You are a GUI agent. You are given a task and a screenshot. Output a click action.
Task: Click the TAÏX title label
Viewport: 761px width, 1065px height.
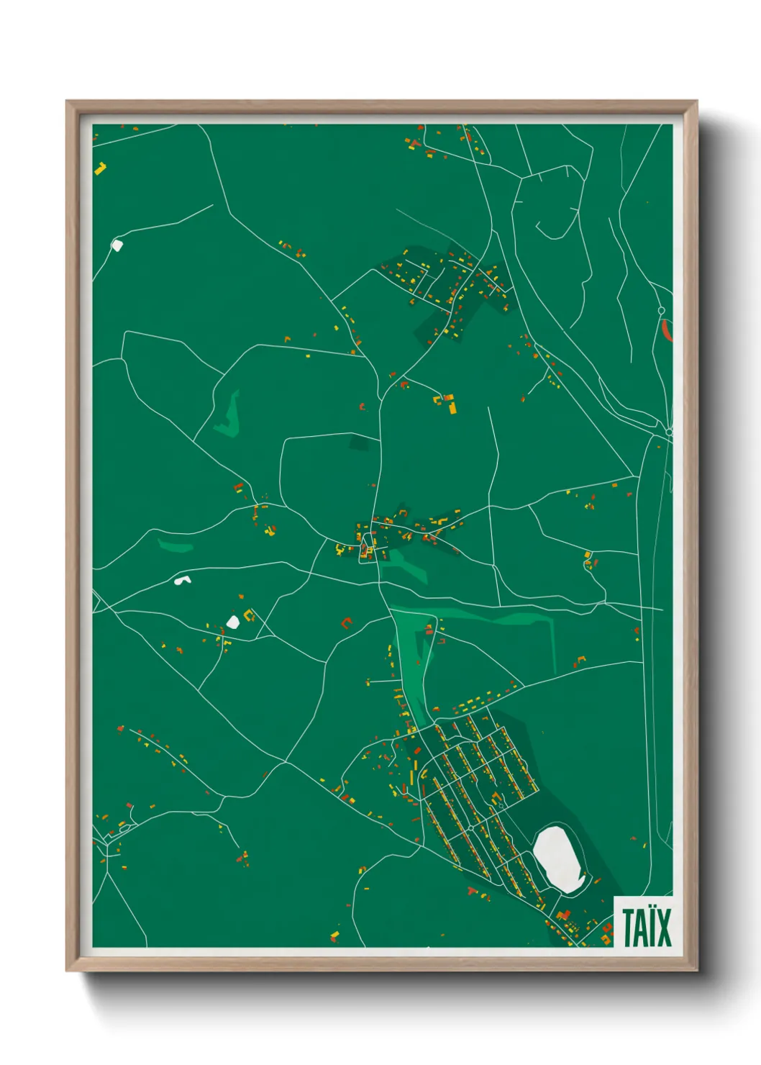pyautogui.click(x=647, y=928)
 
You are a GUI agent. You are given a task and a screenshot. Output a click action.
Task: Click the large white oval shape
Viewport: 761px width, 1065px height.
pyautogui.click(x=559, y=859)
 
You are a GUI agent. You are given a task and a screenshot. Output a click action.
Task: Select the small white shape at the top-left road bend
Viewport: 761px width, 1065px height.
pyautogui.click(x=117, y=245)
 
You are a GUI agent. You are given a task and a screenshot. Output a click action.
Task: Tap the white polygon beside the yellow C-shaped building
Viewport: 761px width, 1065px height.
pyautogui.click(x=232, y=621)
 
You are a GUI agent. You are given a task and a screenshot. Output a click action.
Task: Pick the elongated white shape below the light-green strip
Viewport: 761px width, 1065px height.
pyautogui.click(x=183, y=579)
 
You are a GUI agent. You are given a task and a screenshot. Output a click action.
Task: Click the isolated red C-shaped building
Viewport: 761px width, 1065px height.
pyautogui.click(x=347, y=622)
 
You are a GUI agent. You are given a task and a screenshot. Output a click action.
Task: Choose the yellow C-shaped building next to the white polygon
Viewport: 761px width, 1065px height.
pyautogui.click(x=250, y=615)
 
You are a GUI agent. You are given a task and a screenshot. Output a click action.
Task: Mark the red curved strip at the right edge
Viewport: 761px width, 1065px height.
pyautogui.click(x=666, y=330)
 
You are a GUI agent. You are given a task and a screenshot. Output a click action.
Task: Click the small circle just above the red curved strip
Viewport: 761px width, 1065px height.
pyautogui.click(x=661, y=311)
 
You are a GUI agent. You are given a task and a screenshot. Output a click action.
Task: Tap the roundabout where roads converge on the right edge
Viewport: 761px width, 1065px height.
pyautogui.click(x=669, y=432)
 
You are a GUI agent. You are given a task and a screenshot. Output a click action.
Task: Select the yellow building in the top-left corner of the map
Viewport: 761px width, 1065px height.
pyautogui.click(x=101, y=168)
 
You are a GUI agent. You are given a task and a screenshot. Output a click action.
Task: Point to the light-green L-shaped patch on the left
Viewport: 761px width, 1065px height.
pyautogui.click(x=229, y=417)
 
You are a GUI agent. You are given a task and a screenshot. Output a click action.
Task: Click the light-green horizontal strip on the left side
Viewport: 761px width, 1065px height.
pyautogui.click(x=176, y=546)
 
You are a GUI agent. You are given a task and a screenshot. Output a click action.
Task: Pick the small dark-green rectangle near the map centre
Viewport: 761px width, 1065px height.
pyautogui.click(x=358, y=443)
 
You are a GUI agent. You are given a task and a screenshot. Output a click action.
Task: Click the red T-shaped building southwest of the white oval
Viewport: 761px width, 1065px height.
pyautogui.click(x=473, y=892)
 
